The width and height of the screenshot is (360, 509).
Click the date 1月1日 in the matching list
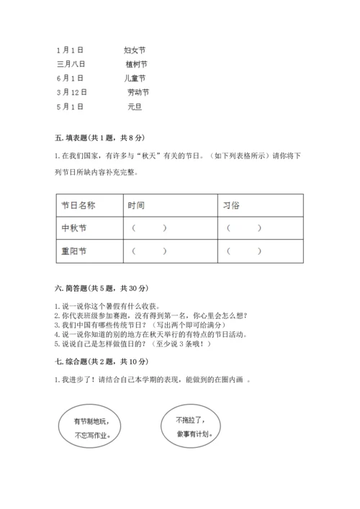(71, 50)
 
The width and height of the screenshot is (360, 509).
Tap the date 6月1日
(71, 78)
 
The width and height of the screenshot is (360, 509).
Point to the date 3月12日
(72, 92)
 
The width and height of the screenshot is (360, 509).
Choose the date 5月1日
(71, 107)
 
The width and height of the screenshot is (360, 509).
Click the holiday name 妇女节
(135, 50)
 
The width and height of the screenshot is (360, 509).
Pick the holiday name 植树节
(135, 64)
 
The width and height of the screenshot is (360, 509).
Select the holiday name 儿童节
(135, 78)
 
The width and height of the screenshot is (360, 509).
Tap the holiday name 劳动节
(138, 92)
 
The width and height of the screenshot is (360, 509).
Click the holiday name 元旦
(135, 107)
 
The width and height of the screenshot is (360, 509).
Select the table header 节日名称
(78, 205)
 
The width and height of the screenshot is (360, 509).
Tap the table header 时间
(136, 205)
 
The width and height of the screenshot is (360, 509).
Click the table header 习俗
(233, 205)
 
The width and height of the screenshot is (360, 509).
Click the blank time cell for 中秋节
(149, 228)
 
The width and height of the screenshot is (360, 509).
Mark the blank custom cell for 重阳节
(244, 251)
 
